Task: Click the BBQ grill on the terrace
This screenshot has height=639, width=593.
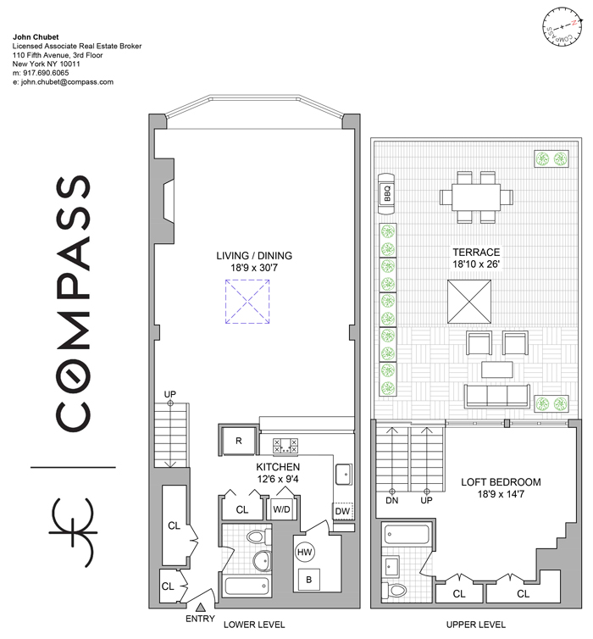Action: click(386, 194)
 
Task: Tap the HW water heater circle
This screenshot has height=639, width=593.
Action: click(304, 552)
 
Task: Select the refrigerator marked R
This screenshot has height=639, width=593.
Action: click(238, 441)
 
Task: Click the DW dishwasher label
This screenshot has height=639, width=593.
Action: click(342, 511)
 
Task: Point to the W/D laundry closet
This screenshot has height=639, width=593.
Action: click(281, 508)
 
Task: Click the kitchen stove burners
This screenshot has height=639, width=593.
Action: click(285, 445)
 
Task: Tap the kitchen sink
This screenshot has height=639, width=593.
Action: click(343, 475)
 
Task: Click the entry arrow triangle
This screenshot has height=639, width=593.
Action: click(200, 607)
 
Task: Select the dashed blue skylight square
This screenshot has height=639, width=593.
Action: click(247, 302)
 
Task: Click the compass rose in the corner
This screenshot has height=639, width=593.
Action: click(563, 27)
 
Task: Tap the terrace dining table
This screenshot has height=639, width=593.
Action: click(476, 197)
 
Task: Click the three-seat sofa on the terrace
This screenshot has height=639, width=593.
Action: click(497, 396)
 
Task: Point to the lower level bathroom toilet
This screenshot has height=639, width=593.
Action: click(258, 536)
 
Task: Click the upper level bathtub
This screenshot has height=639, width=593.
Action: click(407, 534)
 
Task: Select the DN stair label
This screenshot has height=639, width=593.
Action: click(391, 500)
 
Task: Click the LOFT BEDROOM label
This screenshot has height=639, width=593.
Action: click(501, 482)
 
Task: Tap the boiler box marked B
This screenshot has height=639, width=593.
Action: click(308, 580)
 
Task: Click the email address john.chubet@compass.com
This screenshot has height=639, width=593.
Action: click(67, 82)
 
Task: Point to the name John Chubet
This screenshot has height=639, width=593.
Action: click(36, 37)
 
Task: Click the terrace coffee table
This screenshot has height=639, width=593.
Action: click(497, 370)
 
